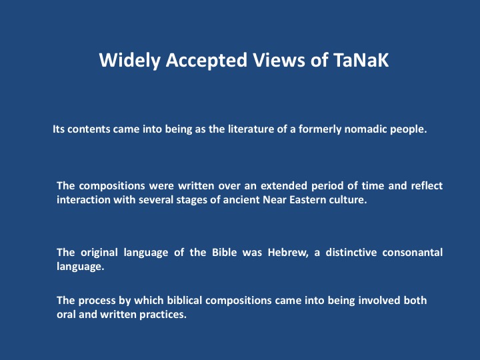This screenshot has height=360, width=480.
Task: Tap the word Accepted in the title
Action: point(207,61)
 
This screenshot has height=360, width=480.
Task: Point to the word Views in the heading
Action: point(279,60)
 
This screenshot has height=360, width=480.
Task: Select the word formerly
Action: point(320,130)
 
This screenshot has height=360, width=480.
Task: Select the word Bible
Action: point(225,253)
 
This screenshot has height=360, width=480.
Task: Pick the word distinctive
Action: point(351,253)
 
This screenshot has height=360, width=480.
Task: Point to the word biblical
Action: point(184,301)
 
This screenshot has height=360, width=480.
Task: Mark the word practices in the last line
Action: point(163,315)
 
